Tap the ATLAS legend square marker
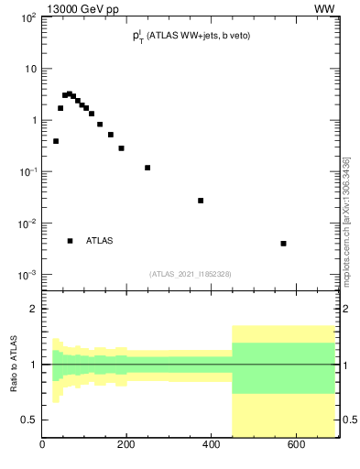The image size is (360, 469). [x=70, y=241]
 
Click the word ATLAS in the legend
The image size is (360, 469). [x=100, y=241]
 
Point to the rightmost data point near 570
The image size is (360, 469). [x=284, y=244]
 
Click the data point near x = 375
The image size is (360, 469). [x=201, y=201]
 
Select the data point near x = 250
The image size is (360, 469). [x=147, y=168]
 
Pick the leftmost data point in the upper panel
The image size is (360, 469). [x=56, y=141]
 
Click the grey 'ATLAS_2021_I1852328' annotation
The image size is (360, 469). [x=191, y=274]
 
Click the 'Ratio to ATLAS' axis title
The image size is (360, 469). [x=14, y=365]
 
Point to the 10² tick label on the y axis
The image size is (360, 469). [x=27, y=17]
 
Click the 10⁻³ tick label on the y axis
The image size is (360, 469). [x=27, y=275]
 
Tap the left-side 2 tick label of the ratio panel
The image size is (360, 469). [x=33, y=310]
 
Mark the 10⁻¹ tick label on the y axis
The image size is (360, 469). [x=27, y=172]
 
